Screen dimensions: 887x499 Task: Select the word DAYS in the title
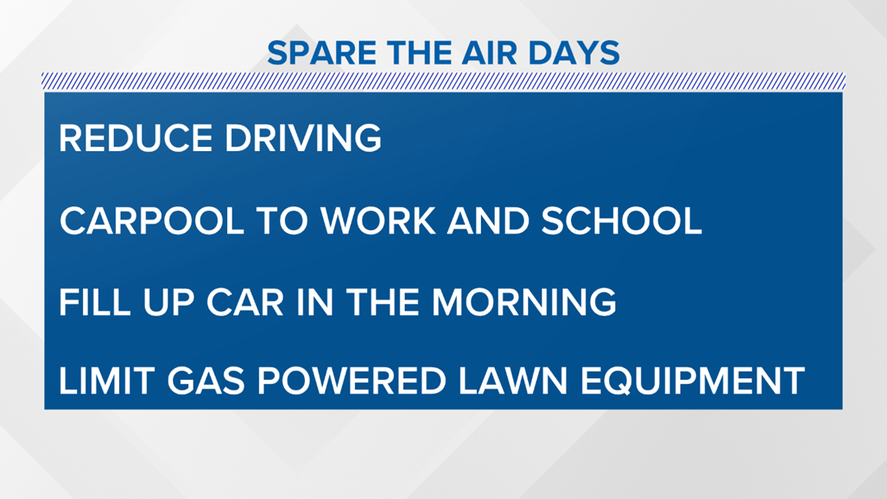574,53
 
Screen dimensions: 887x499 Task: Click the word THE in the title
419,53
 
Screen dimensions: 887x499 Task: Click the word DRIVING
303,138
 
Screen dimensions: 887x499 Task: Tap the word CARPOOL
152,220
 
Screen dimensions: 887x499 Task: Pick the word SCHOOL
621,220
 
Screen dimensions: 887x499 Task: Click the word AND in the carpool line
488,220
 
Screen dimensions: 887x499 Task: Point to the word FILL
95,302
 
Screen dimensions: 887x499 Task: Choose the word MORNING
524,302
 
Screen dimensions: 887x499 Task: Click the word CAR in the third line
245,302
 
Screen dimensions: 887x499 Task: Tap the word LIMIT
107,380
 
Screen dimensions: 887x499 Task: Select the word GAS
206,380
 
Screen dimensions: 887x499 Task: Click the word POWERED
352,380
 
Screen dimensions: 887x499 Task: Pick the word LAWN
513,380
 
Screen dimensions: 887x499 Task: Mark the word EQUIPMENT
692,380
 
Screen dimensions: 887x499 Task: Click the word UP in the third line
169,302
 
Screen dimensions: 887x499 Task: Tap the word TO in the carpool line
282,220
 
